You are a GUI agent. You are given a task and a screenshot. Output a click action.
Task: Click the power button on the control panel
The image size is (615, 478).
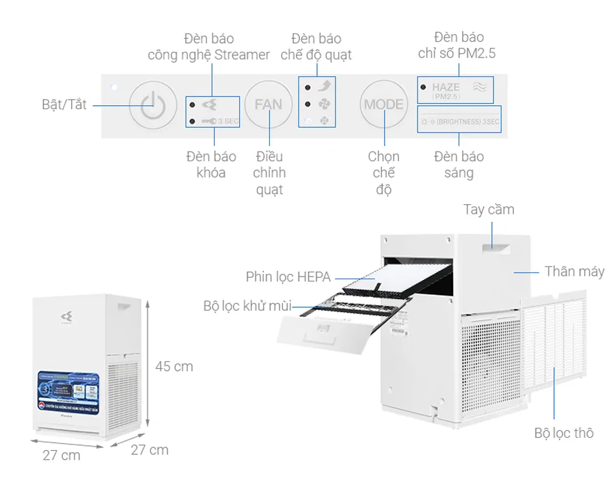click(x=149, y=104)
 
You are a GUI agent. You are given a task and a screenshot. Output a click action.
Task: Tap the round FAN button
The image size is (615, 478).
click(x=268, y=104)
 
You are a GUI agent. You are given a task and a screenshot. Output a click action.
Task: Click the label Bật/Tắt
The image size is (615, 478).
click(x=64, y=105)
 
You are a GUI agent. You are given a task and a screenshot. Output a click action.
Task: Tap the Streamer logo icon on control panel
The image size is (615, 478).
click(x=212, y=104)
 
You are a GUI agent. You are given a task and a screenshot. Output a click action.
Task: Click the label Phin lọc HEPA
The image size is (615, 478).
click(x=288, y=277)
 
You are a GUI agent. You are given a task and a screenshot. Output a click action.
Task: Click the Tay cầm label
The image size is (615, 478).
click(x=489, y=209)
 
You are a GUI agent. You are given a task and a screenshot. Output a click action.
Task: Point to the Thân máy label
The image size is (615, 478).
click(x=574, y=272)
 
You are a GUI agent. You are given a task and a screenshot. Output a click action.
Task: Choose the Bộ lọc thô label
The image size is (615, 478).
click(x=564, y=433)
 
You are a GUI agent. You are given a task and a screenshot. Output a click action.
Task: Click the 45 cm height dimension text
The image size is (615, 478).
click(x=174, y=367)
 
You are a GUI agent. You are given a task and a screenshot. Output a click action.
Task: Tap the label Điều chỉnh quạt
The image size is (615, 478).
click(x=269, y=173)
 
